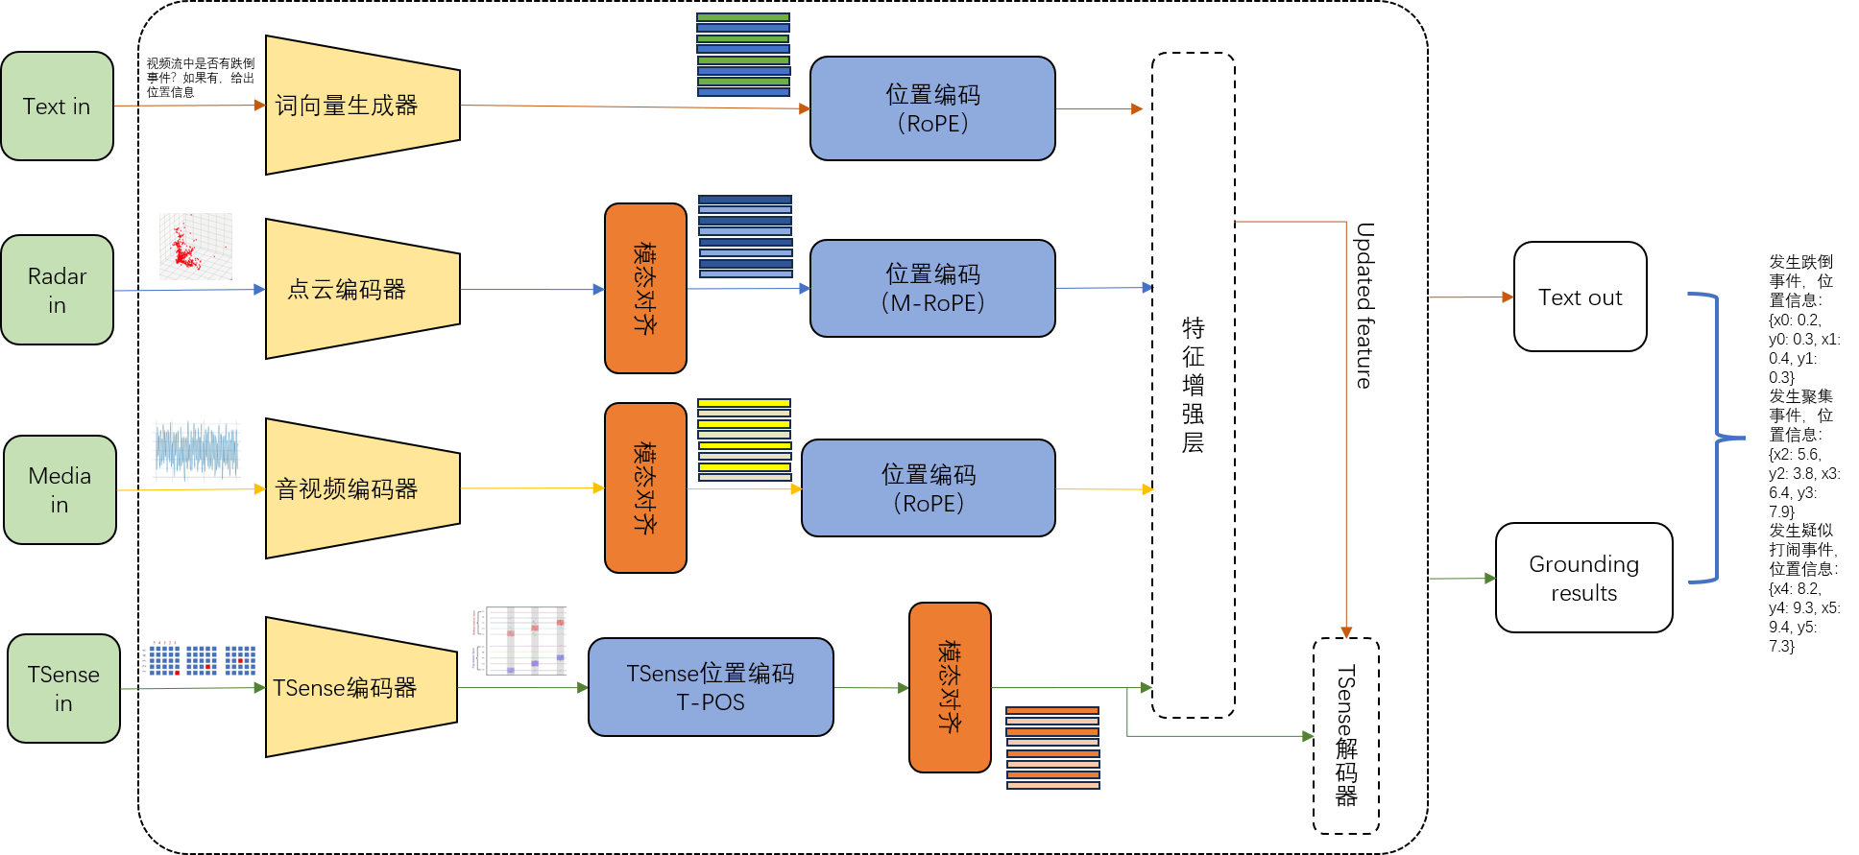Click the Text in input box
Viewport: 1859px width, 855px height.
(57, 106)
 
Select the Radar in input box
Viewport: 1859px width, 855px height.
(57, 290)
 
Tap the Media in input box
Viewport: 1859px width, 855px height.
(60, 489)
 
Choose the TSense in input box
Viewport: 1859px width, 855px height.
(63, 688)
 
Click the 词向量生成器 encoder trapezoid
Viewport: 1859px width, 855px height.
(361, 106)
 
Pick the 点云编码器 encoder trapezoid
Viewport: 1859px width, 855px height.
(361, 289)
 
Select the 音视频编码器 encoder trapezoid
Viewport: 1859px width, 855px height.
(361, 488)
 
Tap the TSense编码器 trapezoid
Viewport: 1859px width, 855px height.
(359, 687)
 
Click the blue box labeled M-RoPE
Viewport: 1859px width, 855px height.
(931, 288)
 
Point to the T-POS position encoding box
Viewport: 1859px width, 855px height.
(710, 687)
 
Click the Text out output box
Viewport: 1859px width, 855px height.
(1580, 297)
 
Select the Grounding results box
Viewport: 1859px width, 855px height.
(1583, 578)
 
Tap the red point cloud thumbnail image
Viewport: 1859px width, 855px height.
(195, 247)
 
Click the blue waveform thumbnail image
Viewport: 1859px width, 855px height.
(196, 450)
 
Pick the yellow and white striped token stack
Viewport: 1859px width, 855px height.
(743, 439)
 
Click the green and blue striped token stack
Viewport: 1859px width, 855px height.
(742, 55)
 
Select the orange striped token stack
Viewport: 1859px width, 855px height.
(1052, 748)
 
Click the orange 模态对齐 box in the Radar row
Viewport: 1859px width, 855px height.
(645, 288)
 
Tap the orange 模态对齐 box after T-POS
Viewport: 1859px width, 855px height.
(949, 687)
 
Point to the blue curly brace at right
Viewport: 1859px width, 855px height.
(1717, 438)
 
